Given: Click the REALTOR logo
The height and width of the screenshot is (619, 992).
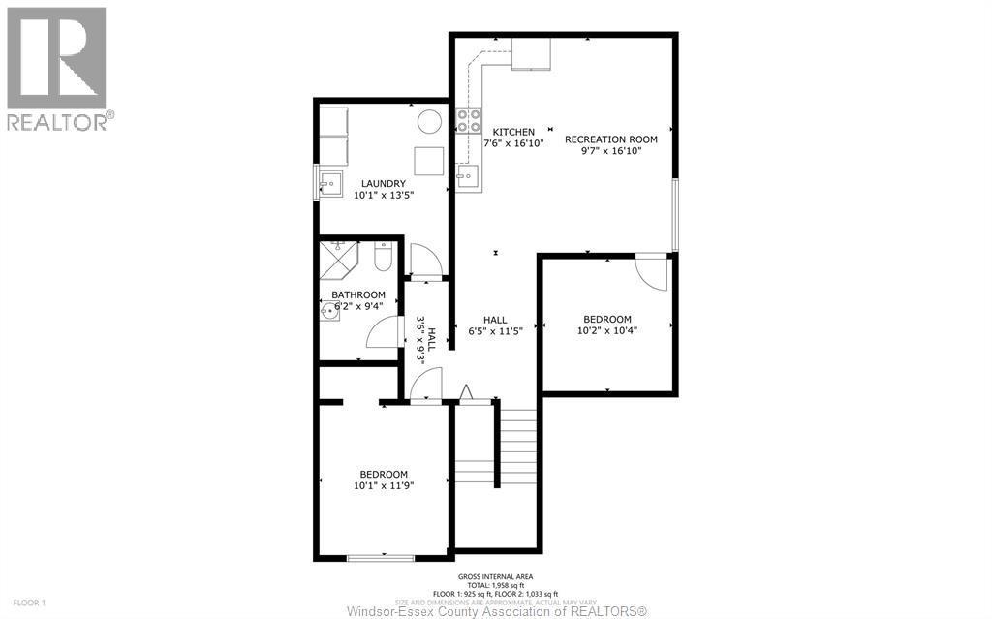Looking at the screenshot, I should [x=57, y=68].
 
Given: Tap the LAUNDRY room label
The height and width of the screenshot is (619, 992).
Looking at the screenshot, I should [x=384, y=183].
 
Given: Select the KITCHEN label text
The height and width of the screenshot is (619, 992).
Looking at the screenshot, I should [x=512, y=132].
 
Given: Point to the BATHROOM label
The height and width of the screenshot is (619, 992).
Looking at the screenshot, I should [x=358, y=294].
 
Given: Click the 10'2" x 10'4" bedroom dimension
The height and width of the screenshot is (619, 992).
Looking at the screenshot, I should [x=606, y=329].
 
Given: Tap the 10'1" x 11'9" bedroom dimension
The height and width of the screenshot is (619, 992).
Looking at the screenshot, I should [x=383, y=485].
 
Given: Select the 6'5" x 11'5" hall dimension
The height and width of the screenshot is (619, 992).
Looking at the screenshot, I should [x=496, y=330].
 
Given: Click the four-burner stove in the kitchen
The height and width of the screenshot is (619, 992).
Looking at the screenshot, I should [x=469, y=121].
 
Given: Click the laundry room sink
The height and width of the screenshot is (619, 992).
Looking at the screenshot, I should [x=329, y=181].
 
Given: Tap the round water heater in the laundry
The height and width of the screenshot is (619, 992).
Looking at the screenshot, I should [x=429, y=122].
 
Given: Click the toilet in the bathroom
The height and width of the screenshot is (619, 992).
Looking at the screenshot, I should [x=383, y=258].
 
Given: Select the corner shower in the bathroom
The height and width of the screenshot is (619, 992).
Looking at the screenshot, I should [x=338, y=254].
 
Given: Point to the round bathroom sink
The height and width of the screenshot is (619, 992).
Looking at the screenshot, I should [x=331, y=310].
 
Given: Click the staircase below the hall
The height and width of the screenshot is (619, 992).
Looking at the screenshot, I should [x=497, y=446].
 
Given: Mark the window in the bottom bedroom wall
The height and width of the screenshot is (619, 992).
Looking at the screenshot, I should [x=381, y=557].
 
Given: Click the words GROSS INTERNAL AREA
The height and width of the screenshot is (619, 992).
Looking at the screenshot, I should [x=495, y=576].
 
